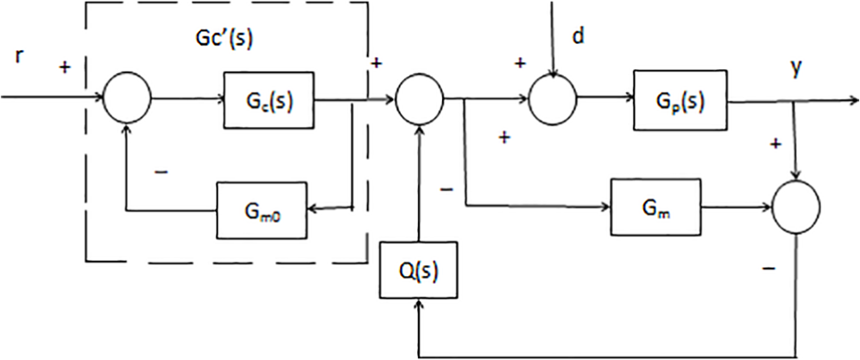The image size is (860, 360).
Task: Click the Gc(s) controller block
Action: pyautogui.click(x=269, y=100)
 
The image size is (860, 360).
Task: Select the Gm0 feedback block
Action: pyautogui.click(x=262, y=210)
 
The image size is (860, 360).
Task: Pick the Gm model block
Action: pyautogui.click(x=656, y=208)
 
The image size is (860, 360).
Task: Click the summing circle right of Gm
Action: pyautogui.click(x=796, y=207)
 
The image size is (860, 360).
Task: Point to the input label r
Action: pyautogui.click(x=19, y=58)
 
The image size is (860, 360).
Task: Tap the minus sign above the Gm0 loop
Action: pyautogui.click(x=161, y=173)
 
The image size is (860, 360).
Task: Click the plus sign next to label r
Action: pyautogui.click(x=66, y=67)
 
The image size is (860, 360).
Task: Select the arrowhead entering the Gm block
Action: pyautogui.click(x=606, y=207)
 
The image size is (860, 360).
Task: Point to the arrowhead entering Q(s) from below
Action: pyautogui.click(x=419, y=304)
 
